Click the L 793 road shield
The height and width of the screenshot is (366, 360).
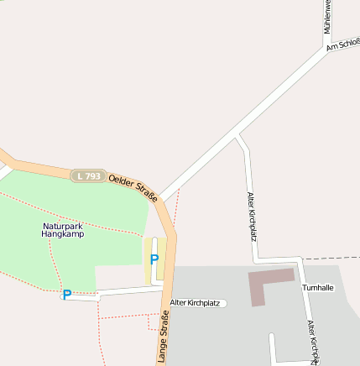pos(88,175)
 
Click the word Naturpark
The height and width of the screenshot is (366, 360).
pos(63,226)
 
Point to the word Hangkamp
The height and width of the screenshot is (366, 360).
pos(63,234)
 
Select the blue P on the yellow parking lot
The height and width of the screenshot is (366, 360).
pos(154,260)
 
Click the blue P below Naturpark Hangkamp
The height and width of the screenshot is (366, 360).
pos(66,295)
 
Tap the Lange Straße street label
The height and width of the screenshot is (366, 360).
pos(163,336)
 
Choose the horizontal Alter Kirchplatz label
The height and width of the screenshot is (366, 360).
pos(195,302)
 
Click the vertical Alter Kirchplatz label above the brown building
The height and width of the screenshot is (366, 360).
pos(251,216)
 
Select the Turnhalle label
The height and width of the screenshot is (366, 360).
pos(318,287)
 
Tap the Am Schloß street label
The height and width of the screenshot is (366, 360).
pos(343,44)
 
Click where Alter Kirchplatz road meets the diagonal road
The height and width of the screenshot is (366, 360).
pos(238,135)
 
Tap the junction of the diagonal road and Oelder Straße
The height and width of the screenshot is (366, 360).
pos(160,201)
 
